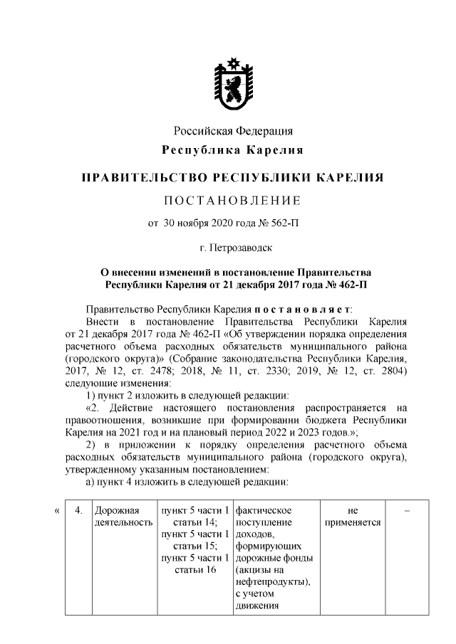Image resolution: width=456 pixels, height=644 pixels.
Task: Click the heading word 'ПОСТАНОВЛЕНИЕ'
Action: tap(233, 199)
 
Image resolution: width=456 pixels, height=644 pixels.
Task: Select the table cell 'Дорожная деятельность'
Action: tap(123, 516)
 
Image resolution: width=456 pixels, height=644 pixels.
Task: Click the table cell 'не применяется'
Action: tap(353, 516)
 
